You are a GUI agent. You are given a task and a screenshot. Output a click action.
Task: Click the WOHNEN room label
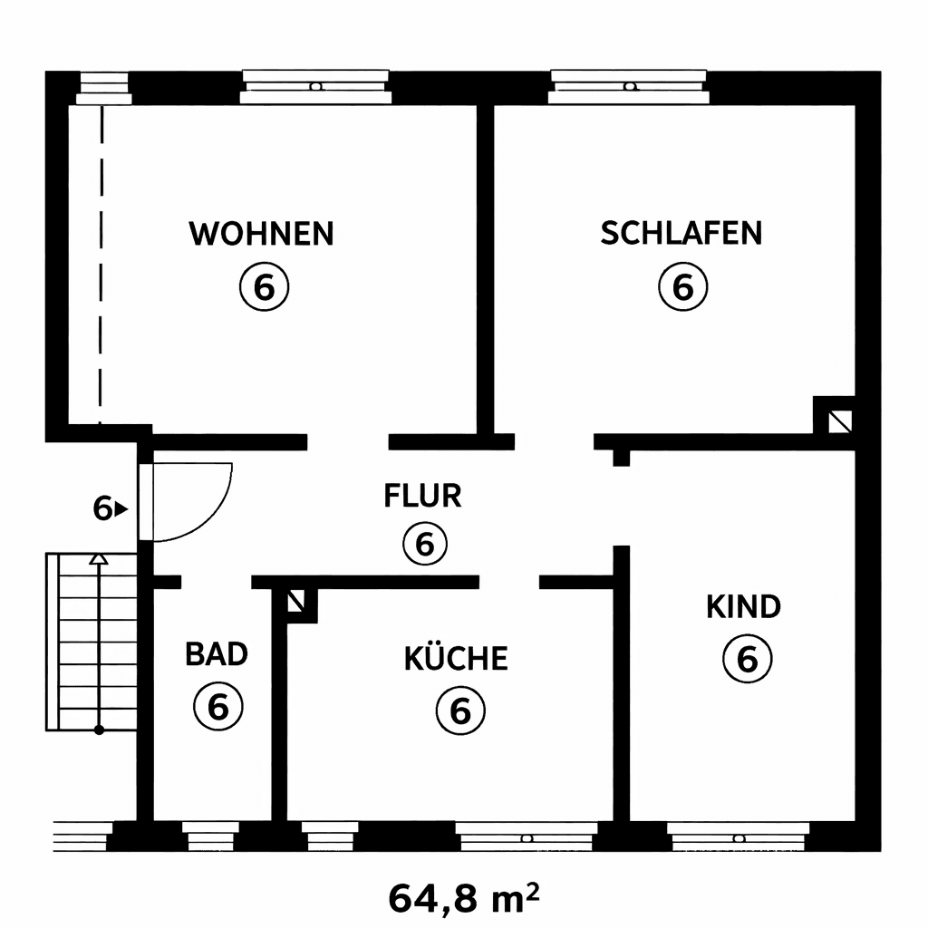pyautogui.click(x=261, y=233)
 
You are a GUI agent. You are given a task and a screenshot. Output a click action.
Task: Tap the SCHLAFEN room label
pyautogui.click(x=681, y=233)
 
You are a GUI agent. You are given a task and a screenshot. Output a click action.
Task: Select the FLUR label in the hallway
pyautogui.click(x=423, y=497)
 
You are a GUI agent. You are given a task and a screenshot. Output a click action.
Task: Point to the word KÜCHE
pyautogui.click(x=456, y=659)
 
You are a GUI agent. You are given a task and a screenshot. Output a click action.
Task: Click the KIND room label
pyautogui.click(x=743, y=606)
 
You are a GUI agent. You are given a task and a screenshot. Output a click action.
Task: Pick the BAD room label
pyautogui.click(x=217, y=653)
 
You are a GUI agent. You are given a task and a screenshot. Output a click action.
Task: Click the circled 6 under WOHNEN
pyautogui.click(x=263, y=287)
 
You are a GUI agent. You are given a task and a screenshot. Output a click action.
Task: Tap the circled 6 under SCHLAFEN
pyautogui.click(x=682, y=287)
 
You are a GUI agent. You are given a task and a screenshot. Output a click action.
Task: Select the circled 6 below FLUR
pyautogui.click(x=425, y=544)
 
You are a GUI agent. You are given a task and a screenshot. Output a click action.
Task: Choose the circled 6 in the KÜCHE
pyautogui.click(x=460, y=710)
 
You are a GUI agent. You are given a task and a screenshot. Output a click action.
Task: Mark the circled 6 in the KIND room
pyautogui.click(x=747, y=659)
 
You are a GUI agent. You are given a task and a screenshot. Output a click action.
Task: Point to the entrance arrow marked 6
pyautogui.click(x=110, y=509)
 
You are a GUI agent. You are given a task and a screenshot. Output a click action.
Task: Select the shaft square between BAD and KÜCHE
pyautogui.click(x=295, y=600)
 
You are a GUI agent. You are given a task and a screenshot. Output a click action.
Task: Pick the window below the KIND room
pyautogui.click(x=738, y=837)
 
